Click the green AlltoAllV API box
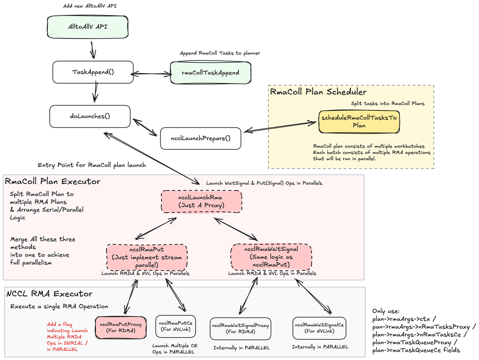pos(88,27)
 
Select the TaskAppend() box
pos(93,72)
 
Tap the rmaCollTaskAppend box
pos(211,73)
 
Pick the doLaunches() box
pos(90,116)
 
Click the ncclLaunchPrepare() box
pos(201,138)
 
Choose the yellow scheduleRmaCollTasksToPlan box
pos(359,122)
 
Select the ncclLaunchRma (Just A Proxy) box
pos(201,201)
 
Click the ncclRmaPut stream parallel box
pos(147,257)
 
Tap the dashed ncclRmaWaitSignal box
pos(271,257)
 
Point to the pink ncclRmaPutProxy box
pos(120,327)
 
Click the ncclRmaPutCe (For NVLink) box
pos(176,326)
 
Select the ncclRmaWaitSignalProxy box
pos(241,329)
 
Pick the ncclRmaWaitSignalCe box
pos(319,328)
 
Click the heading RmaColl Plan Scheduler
pos(318,92)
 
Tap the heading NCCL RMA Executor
pos(49,294)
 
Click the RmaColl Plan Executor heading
pos(53,181)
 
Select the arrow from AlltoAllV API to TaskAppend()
pos(93,50)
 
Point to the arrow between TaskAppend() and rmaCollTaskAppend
pos(152,74)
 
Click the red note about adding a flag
pos(67,337)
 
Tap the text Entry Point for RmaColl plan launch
pos(92,165)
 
